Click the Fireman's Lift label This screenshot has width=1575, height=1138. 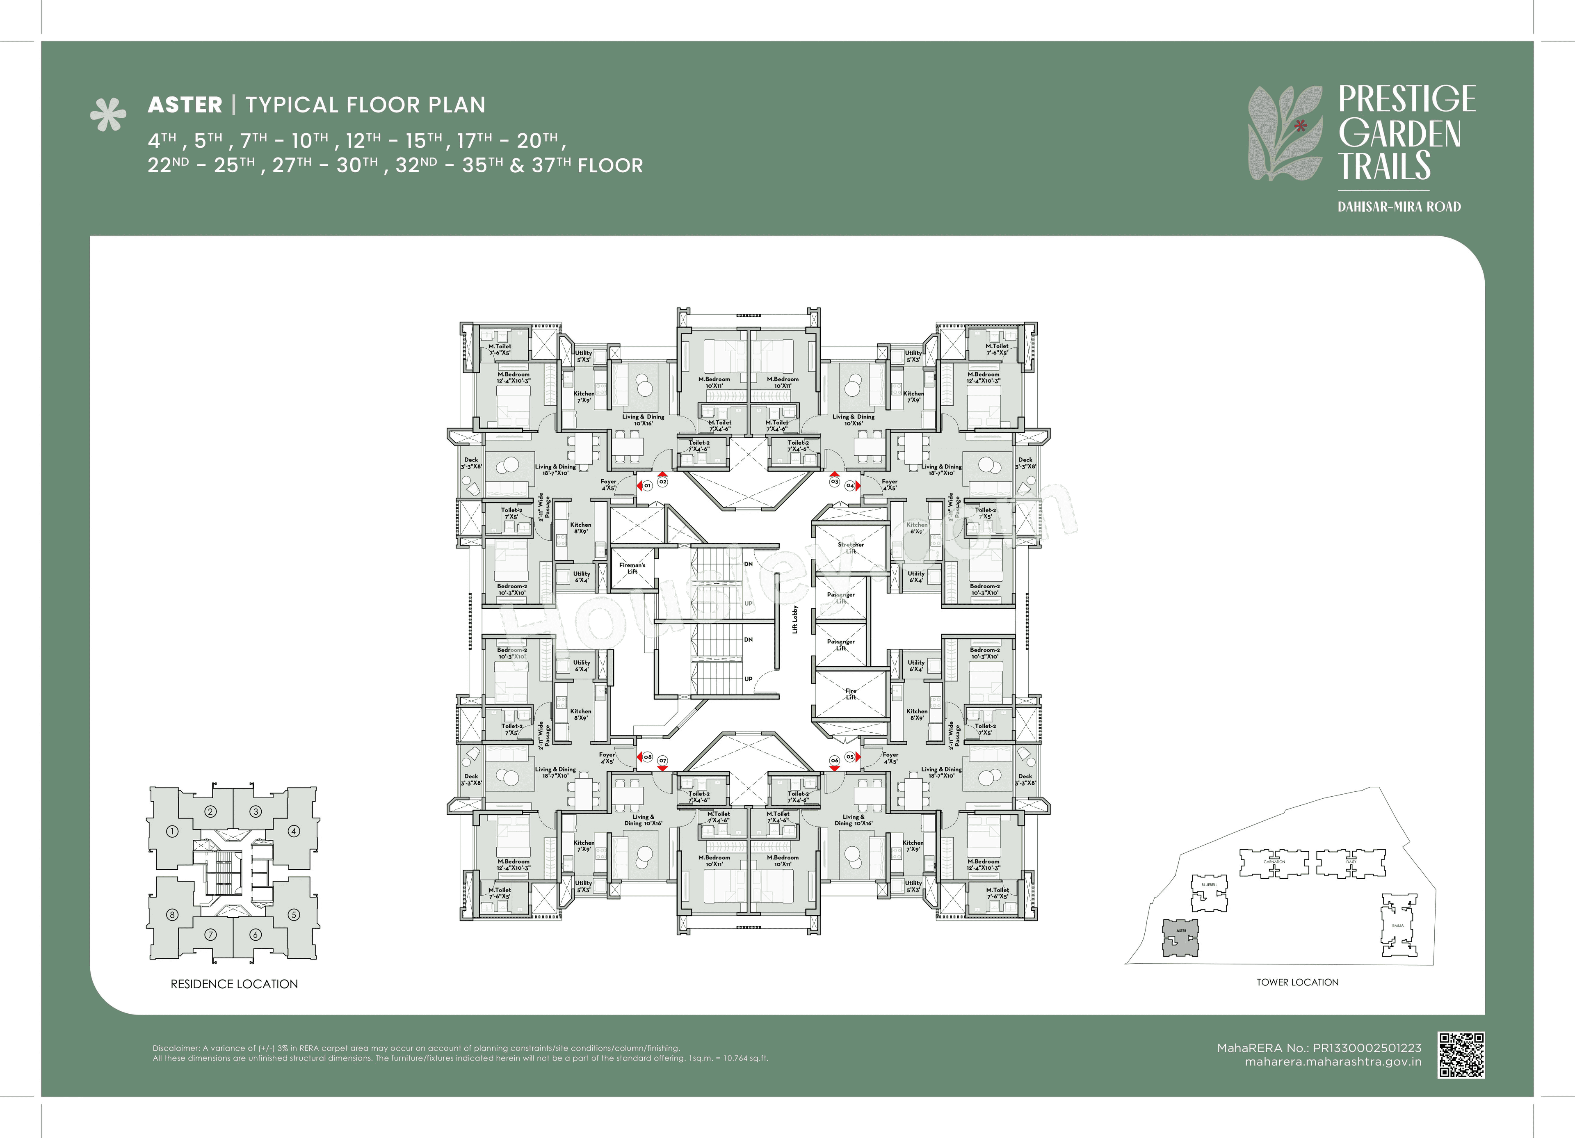pyautogui.click(x=632, y=568)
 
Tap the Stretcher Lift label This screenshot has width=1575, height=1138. pyautogui.click(x=851, y=548)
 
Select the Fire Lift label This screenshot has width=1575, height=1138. pyautogui.click(x=851, y=693)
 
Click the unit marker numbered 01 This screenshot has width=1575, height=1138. pyautogui.click(x=647, y=486)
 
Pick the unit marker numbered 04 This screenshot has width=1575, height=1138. pyautogui.click(x=849, y=486)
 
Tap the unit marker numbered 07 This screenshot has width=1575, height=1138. pyautogui.click(x=662, y=760)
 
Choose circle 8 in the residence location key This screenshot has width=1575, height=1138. pyautogui.click(x=172, y=914)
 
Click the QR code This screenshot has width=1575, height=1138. pyautogui.click(x=1461, y=1055)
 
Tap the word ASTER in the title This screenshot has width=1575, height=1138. pyautogui.click(x=185, y=105)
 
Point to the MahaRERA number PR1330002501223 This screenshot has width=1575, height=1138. pyautogui.click(x=1367, y=1048)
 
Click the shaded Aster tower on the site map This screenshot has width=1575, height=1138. pyautogui.click(x=1180, y=938)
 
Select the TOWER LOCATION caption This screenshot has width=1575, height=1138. pyautogui.click(x=1297, y=982)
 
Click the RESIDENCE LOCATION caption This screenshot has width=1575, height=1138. pyautogui.click(x=234, y=984)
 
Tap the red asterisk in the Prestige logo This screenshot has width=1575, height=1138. pyautogui.click(x=1301, y=126)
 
